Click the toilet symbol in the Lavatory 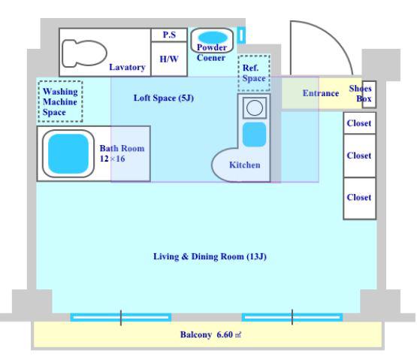coord(84,53)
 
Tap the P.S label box coord(169,35)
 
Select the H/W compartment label coord(169,59)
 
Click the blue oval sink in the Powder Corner coord(213,38)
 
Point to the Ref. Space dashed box coord(254,73)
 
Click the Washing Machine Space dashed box coord(60,101)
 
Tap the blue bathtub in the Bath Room coord(68,153)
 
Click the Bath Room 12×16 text coord(122,153)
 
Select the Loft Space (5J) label coord(164,98)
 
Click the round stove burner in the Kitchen coord(255,107)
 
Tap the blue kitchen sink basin coord(255,135)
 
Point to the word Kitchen coord(245,165)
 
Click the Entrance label coord(321,93)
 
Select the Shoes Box coord(369,95)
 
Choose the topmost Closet coord(360,123)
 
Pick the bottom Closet coord(360,198)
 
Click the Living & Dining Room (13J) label coord(210,256)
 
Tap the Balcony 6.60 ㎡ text coord(210,334)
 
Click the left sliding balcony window coord(121,317)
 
